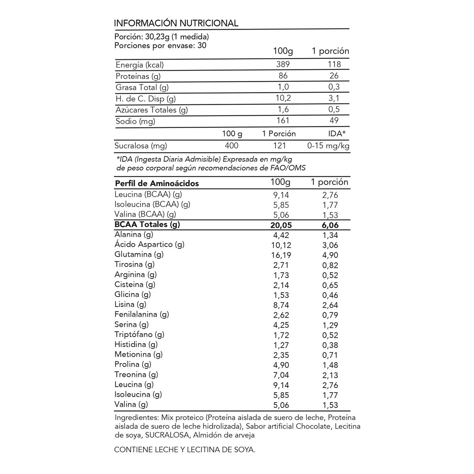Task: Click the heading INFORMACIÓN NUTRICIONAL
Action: [176, 23]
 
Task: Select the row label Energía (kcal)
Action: [139, 65]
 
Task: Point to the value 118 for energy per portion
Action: [334, 64]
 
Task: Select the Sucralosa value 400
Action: [231, 146]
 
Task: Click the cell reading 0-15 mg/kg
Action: [329, 146]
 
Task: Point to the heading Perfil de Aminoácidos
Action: [157, 183]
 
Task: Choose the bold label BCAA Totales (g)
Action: [147, 225]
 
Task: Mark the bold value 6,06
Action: [331, 225]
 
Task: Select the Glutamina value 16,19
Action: [281, 255]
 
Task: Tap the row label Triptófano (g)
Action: [139, 335]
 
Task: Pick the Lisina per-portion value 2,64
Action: [330, 305]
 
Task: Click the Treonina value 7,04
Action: [281, 375]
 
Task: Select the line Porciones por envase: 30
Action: [160, 45]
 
